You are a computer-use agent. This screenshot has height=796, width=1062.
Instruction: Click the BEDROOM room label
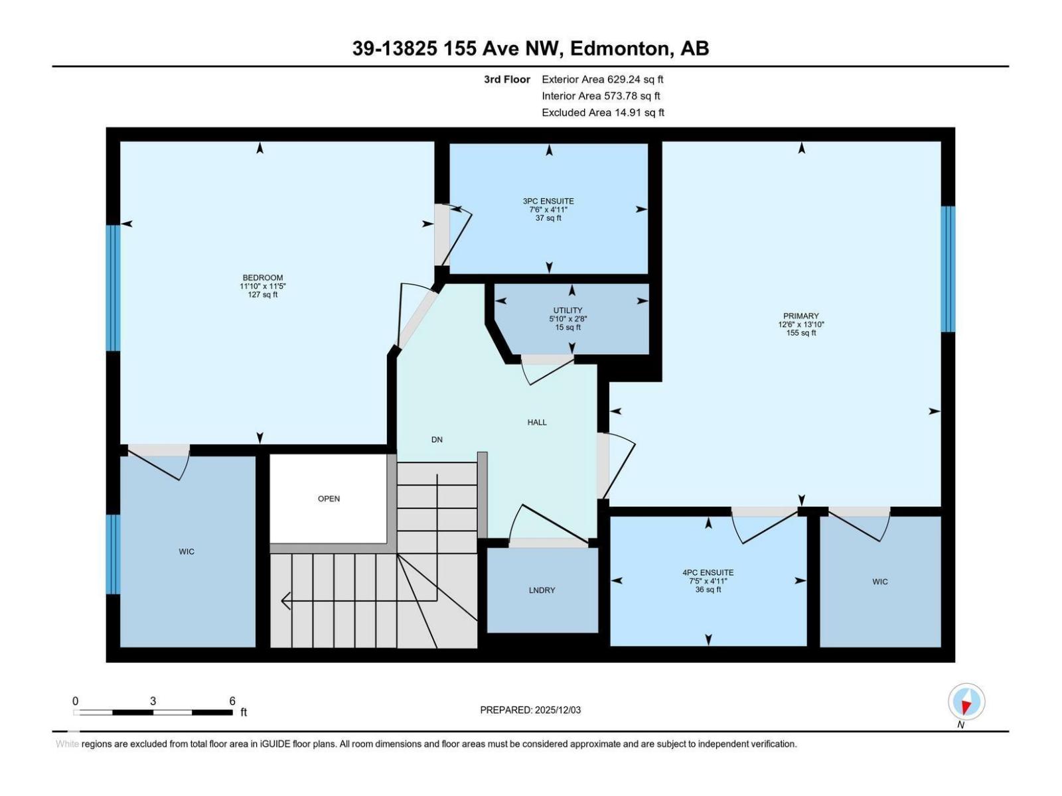(262, 278)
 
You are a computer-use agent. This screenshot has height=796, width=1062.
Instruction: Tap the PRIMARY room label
(800, 316)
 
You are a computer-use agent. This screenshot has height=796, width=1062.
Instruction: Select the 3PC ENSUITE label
(548, 201)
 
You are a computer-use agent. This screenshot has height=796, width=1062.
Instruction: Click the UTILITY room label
(568, 310)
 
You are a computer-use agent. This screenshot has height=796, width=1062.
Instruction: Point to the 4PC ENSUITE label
(708, 572)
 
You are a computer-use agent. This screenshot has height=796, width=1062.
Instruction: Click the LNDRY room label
(542, 590)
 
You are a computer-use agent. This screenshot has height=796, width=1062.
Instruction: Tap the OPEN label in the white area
(329, 499)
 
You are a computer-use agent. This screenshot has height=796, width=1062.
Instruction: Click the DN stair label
(436, 440)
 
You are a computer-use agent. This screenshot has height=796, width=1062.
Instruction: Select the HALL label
(536, 423)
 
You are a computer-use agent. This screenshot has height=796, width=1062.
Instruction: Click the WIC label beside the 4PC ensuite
(879, 582)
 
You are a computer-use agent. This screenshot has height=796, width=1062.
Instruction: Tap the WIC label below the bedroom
(187, 552)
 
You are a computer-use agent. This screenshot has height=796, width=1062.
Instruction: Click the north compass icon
(966, 702)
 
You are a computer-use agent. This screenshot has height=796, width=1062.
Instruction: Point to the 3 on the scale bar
(153, 701)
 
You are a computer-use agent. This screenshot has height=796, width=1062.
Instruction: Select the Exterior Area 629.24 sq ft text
(602, 80)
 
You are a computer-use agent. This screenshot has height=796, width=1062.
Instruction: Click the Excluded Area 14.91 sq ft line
(602, 113)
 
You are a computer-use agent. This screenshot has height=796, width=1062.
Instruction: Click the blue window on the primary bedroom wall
(948, 269)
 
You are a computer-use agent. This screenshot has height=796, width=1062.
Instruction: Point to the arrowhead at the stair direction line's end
(286, 601)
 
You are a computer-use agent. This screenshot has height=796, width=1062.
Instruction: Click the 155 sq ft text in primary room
(800, 333)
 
